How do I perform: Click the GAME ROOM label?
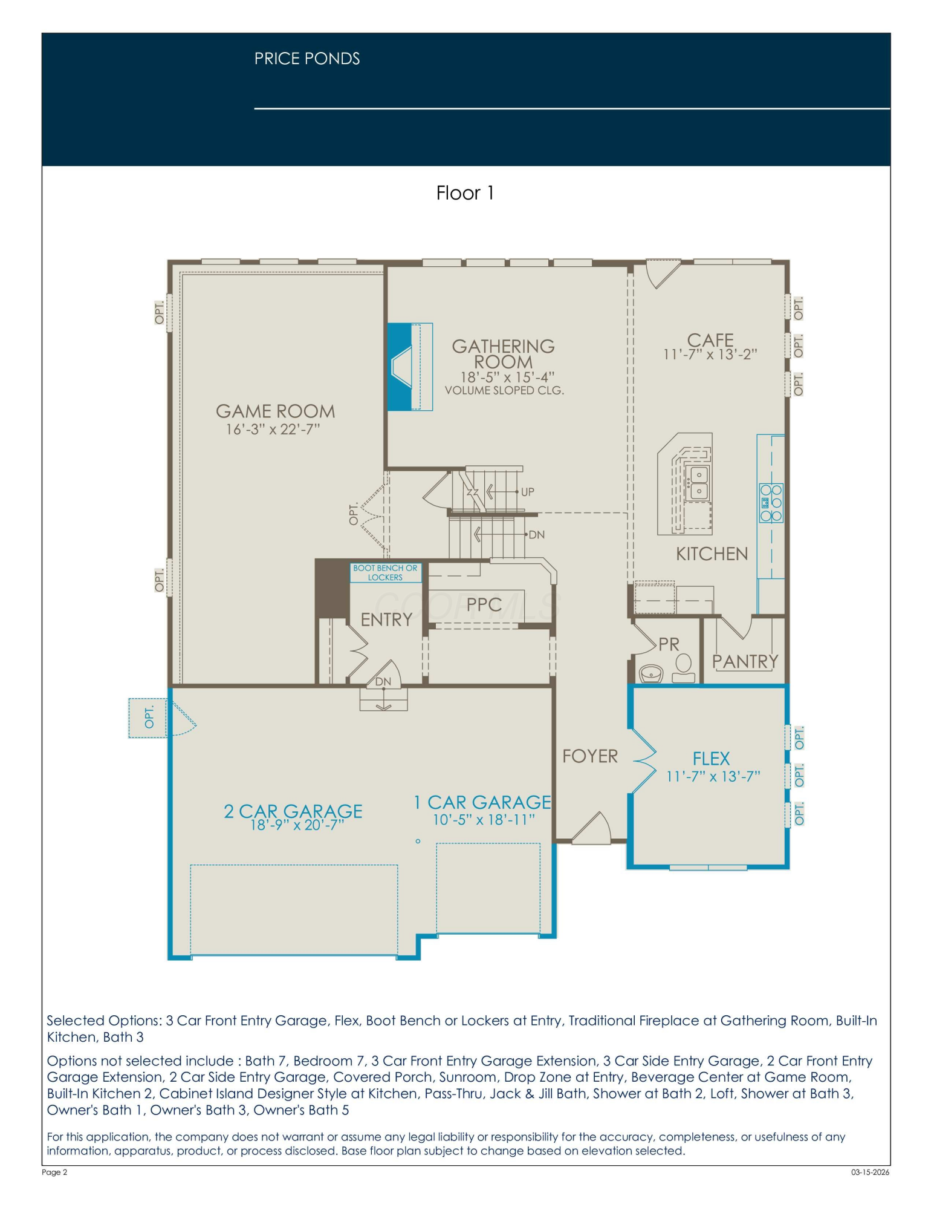[275, 411]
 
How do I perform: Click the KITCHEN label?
[712, 554]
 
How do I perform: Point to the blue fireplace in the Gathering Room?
[399, 367]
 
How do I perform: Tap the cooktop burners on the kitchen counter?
[771, 503]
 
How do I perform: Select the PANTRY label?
[745, 661]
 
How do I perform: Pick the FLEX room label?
[711, 758]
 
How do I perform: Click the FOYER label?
[590, 756]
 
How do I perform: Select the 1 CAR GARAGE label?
[482, 802]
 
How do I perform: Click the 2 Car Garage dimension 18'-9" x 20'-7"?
[297, 825]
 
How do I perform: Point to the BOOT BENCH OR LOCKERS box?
[386, 573]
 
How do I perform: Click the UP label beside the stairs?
[528, 492]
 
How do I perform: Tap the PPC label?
[484, 604]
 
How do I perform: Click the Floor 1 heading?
[465, 193]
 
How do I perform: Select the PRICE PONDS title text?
[307, 59]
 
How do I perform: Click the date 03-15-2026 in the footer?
[871, 1172]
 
